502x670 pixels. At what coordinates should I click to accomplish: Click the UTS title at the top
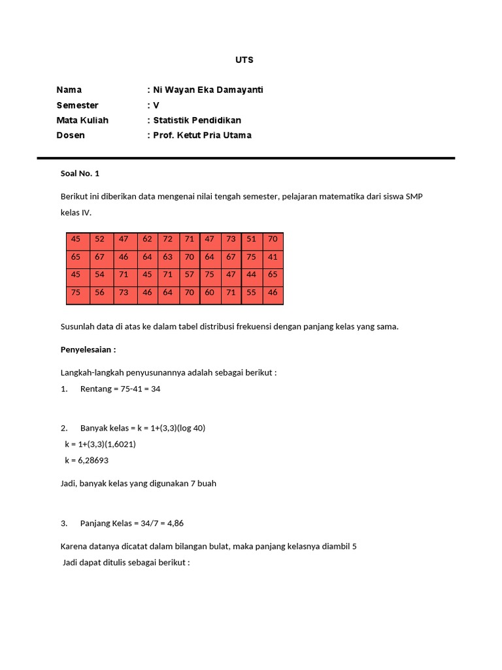[x=244, y=60]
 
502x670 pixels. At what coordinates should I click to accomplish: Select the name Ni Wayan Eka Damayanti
[x=208, y=90]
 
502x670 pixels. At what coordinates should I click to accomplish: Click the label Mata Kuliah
[x=82, y=120]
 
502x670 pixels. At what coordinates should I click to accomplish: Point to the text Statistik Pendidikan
[x=197, y=120]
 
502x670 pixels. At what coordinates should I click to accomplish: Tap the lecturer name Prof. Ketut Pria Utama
[x=202, y=135]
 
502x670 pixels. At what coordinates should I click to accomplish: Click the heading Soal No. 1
[x=80, y=174]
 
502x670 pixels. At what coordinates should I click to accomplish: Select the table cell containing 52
[x=99, y=239]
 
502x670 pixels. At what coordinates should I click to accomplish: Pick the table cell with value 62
[x=147, y=239]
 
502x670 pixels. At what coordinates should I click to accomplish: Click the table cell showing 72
[x=168, y=239]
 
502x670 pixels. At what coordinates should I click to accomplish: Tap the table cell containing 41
[x=273, y=257]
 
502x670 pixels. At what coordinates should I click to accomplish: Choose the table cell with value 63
[x=168, y=257]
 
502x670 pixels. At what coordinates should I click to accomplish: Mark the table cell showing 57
[x=190, y=275]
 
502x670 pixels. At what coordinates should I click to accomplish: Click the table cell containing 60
[x=209, y=292]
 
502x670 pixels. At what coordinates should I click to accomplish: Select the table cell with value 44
[x=252, y=275]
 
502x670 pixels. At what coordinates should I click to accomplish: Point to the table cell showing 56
[x=99, y=292]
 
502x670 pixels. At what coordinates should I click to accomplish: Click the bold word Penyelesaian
[x=88, y=349]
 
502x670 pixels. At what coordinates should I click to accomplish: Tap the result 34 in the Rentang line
[x=156, y=389]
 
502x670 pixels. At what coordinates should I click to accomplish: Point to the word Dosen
[x=71, y=135]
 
